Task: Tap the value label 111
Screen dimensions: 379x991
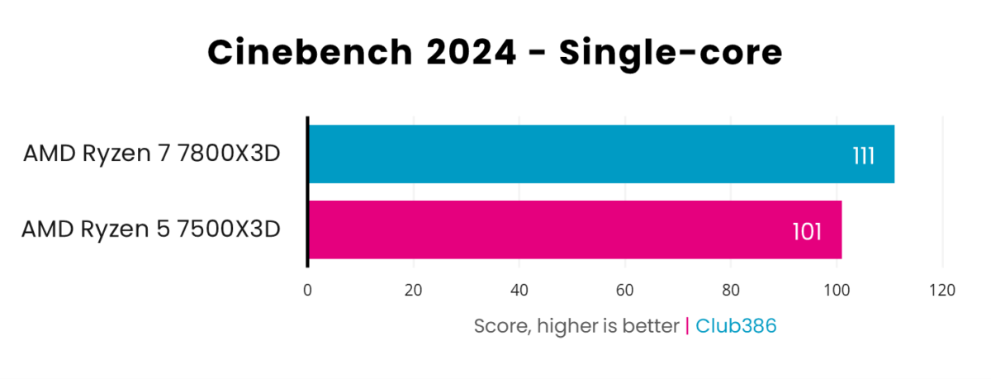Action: [x=863, y=155]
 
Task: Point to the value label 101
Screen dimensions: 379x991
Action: [x=807, y=231]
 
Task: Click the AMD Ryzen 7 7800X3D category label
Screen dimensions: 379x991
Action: [x=151, y=154]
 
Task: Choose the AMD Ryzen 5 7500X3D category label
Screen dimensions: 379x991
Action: [x=151, y=229]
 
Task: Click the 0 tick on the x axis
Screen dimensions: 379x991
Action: [x=307, y=290]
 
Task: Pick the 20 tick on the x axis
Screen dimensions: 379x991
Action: [x=413, y=290]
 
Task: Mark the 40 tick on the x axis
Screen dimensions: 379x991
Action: [x=519, y=290]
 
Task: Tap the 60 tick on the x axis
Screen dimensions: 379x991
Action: [x=625, y=290]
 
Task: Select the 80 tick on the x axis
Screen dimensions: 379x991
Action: [x=731, y=290]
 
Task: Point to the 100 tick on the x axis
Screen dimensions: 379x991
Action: [x=837, y=290]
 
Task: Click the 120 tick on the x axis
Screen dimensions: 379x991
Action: [x=942, y=290]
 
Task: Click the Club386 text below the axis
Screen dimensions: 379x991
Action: [x=736, y=326]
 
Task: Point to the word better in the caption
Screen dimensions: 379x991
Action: [x=652, y=326]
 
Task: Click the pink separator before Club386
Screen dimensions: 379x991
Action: [x=687, y=326]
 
